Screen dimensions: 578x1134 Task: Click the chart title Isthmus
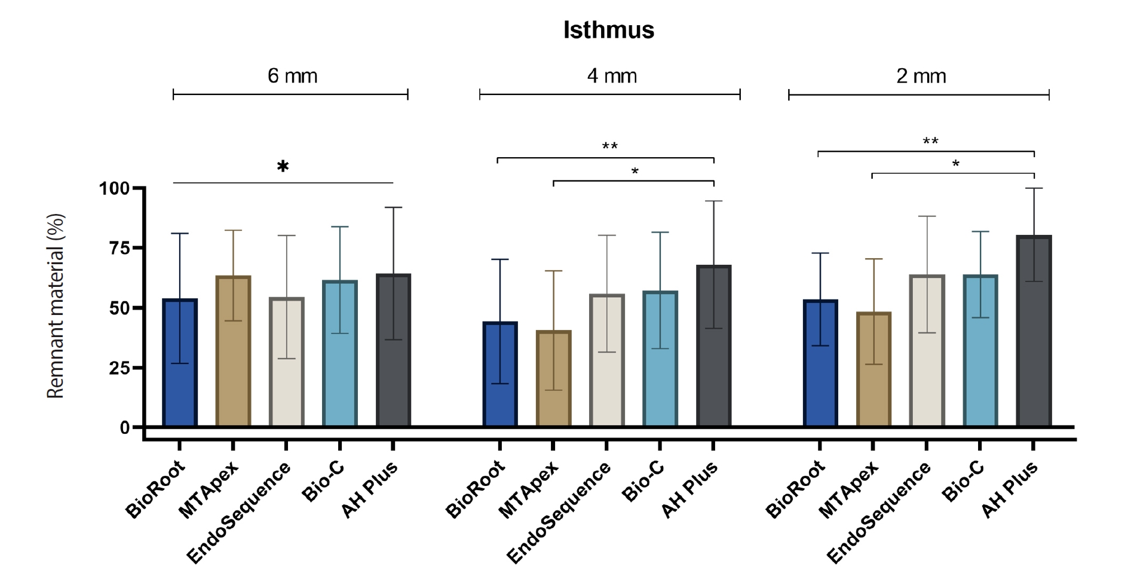608,30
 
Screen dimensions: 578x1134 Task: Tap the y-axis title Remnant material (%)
55,306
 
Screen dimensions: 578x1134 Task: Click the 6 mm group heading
292,76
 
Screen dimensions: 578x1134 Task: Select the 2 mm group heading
921,76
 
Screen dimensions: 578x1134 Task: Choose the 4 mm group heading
611,76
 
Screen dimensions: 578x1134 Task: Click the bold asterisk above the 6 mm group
283,167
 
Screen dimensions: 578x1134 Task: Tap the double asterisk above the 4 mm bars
609,146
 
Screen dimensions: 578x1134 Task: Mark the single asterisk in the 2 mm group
956,164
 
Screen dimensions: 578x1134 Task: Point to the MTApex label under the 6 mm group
209,490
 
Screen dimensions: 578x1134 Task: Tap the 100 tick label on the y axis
114,188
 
